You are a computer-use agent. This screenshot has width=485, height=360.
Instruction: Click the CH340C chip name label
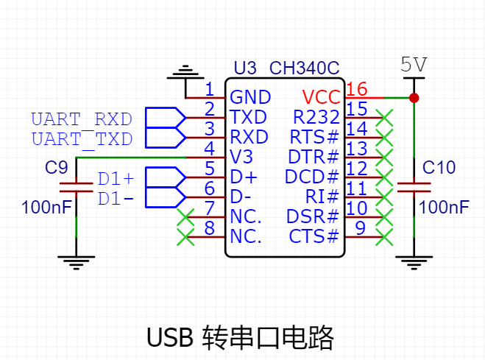(304, 68)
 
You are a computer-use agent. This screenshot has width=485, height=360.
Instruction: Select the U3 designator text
(245, 68)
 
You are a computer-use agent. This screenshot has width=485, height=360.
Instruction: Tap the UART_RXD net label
(81, 119)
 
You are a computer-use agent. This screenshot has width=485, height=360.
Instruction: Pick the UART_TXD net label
(81, 138)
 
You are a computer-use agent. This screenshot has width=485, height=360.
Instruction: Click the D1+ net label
(116, 179)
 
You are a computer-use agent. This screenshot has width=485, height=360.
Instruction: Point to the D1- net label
(116, 198)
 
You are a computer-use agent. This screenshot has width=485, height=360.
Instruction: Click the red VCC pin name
(321, 97)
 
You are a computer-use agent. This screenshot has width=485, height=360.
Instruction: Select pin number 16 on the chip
(356, 90)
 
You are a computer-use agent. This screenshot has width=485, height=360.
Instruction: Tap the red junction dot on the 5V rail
(414, 97)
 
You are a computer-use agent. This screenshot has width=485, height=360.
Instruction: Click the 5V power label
(414, 65)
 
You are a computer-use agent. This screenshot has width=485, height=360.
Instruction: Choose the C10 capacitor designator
(439, 169)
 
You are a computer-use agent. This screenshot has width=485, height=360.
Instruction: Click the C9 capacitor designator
(56, 167)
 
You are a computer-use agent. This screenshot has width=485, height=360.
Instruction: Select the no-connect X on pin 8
(186, 237)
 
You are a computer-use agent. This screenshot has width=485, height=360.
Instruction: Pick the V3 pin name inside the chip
(241, 157)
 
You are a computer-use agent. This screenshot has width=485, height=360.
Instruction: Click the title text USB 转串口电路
(241, 338)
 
